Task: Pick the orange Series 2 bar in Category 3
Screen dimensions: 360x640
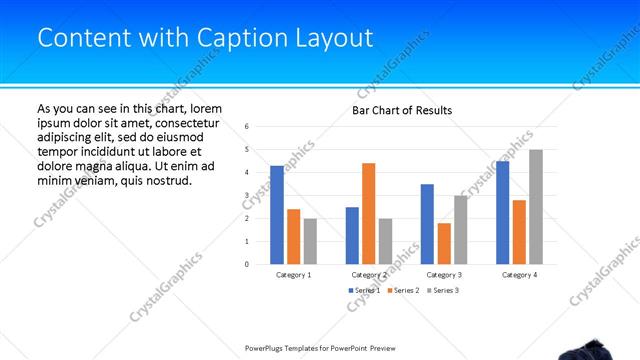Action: point(444,244)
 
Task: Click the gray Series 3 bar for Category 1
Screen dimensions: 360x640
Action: point(310,241)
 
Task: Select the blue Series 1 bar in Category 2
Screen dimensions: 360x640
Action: point(352,236)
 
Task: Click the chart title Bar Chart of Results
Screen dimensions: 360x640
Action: point(402,110)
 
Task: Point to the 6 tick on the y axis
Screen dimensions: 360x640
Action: point(246,127)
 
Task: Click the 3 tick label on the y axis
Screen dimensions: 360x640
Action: point(246,196)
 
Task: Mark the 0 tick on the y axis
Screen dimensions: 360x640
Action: point(246,265)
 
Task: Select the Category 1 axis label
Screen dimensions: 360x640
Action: point(294,274)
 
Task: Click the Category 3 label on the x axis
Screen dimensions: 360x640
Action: point(444,274)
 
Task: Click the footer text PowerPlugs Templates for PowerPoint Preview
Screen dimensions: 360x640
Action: point(320,348)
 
